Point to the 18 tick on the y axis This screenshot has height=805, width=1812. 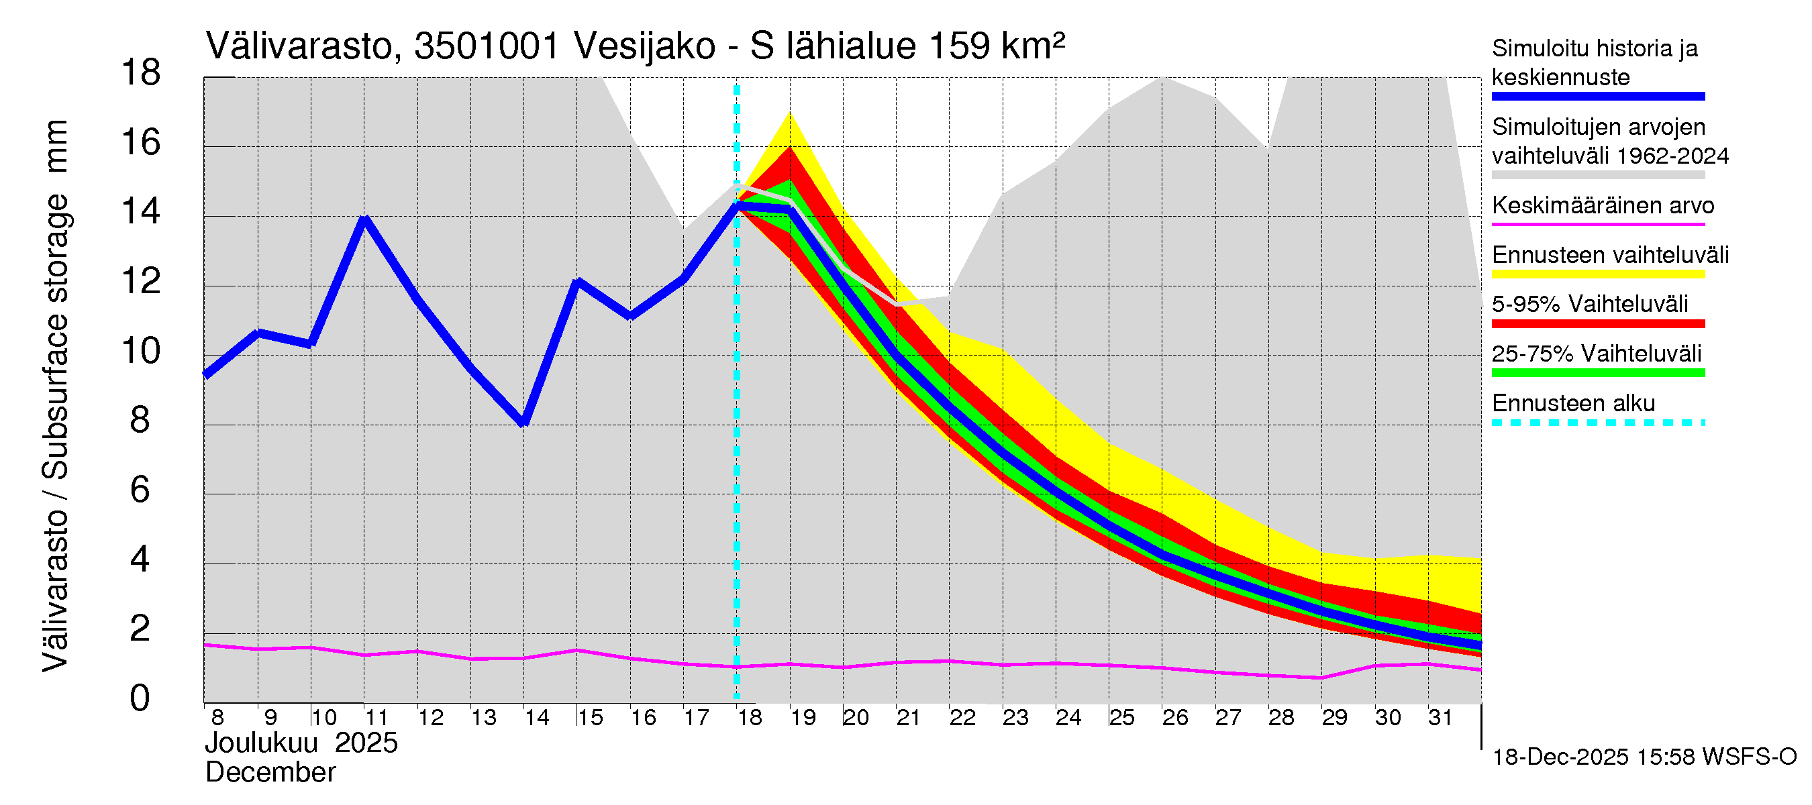(141, 73)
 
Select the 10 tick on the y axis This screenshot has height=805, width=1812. (141, 351)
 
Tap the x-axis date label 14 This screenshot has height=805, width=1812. (537, 718)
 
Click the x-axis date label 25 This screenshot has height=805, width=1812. (1121, 718)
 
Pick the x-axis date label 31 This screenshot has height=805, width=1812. (1440, 718)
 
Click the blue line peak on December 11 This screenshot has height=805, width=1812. (364, 219)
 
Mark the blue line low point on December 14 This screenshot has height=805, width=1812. (523, 423)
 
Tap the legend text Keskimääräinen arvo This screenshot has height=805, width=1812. (1603, 206)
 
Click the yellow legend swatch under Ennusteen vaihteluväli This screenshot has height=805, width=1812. (1597, 274)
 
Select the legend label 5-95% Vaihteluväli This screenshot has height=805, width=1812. (1589, 305)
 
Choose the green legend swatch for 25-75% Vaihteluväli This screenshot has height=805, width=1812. (1597, 372)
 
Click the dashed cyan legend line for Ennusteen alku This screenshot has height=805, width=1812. (1597, 423)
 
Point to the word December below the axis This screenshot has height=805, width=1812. (270, 773)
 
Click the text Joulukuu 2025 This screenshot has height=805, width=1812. (301, 743)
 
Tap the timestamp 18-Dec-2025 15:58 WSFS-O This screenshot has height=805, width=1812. (1644, 757)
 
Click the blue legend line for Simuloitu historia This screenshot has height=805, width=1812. (1597, 97)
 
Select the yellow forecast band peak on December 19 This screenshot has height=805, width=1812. (790, 114)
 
